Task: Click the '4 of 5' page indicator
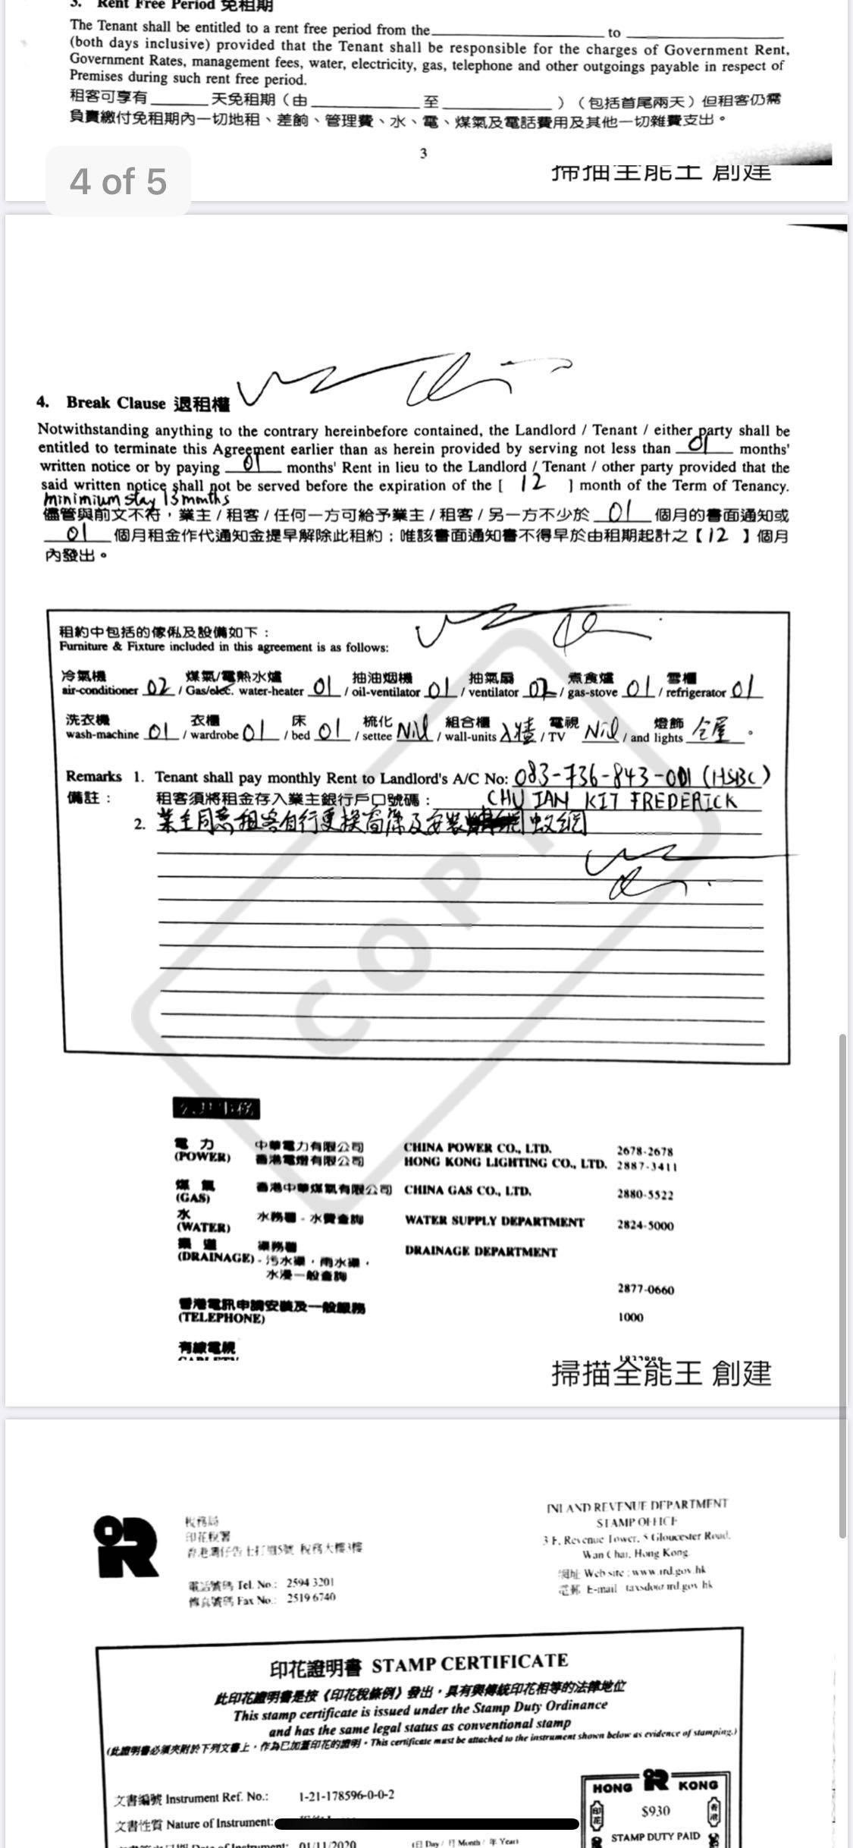coord(118,182)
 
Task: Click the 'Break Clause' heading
coord(115,402)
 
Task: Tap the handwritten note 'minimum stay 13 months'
coord(136,500)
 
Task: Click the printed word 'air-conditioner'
coord(100,691)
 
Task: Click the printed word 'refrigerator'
coord(695,693)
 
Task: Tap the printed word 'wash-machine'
coord(102,734)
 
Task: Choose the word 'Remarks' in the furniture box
coord(93,776)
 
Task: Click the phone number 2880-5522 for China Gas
coord(644,1195)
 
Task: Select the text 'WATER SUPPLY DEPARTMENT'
coord(494,1221)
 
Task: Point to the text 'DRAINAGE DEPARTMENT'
coord(481,1251)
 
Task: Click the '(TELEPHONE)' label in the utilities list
coord(221,1318)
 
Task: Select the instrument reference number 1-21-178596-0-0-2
coord(347,1795)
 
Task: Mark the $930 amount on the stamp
coord(655,1811)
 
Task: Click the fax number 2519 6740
coord(311,1597)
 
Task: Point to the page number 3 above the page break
coord(423,153)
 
